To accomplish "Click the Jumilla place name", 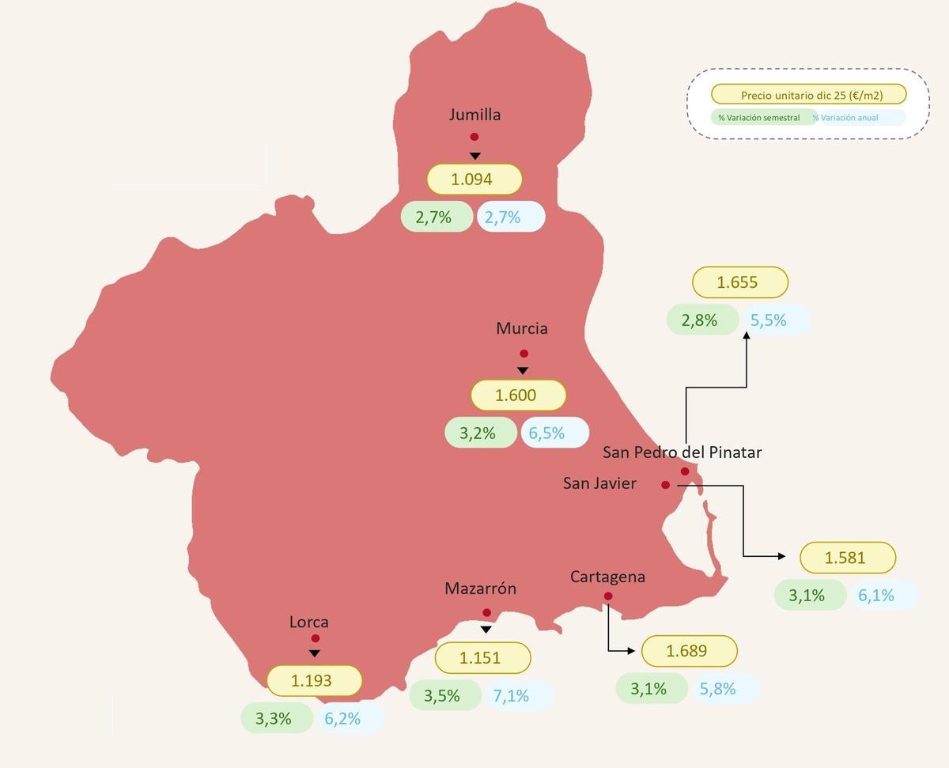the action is click(475, 115).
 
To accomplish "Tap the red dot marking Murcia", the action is click(524, 354).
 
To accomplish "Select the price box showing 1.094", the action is click(475, 179).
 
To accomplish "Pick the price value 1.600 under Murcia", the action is click(518, 395).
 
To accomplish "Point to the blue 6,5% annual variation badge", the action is click(554, 433).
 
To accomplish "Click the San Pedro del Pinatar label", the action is click(682, 452).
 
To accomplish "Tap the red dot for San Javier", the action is click(666, 485).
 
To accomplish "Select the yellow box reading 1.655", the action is click(739, 282).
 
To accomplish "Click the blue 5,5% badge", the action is click(776, 320).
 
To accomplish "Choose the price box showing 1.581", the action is click(847, 558).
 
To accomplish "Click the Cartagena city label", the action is click(607, 577).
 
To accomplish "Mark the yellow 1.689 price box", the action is click(689, 651).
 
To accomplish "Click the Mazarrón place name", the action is click(480, 588).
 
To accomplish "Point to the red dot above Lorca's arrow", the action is click(316, 638).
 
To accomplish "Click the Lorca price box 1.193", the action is click(314, 680).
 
